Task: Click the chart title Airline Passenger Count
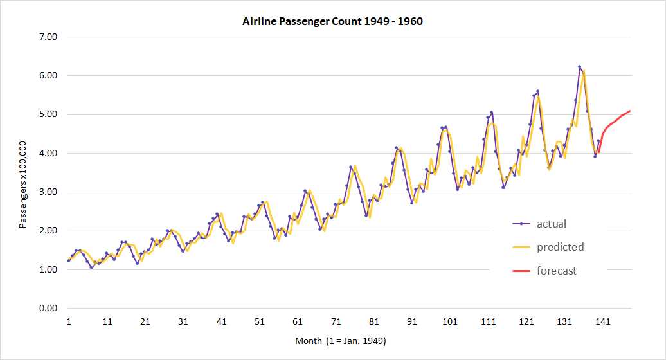[x=332, y=22]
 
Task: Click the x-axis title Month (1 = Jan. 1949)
[x=341, y=340]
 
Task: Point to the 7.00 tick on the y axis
[x=49, y=37]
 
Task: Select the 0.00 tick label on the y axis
[x=49, y=308]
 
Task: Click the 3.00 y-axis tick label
[x=49, y=192]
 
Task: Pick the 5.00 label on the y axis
[x=49, y=114]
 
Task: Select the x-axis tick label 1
[x=68, y=321]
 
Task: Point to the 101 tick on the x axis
[x=451, y=321]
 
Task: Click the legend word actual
[x=551, y=224]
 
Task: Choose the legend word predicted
[x=560, y=247]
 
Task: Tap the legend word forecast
[x=557, y=271]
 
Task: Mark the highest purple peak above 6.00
[x=579, y=67]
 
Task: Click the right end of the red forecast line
[x=630, y=111]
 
